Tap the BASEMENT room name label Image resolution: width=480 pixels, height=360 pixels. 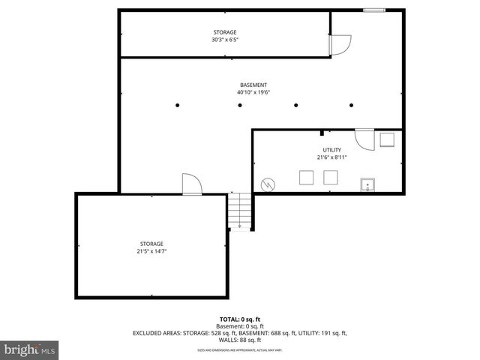click(x=253, y=85)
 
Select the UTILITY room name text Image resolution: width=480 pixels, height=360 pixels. click(x=331, y=150)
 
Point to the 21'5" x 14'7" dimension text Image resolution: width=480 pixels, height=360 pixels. click(x=151, y=251)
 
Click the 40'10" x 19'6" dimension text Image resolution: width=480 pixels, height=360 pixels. click(x=253, y=92)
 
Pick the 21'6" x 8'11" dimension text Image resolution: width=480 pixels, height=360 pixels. click(x=331, y=157)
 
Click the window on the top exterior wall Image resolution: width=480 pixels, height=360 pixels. click(x=374, y=10)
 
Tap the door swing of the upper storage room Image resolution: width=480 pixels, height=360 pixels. click(x=339, y=44)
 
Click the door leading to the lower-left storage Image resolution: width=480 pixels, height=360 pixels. click(x=190, y=184)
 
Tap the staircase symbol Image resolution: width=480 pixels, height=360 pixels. click(x=239, y=211)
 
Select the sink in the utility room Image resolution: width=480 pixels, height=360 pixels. click(x=367, y=184)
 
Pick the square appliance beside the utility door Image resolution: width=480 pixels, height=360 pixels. click(x=387, y=140)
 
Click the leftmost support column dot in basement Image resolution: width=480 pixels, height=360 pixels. click(x=177, y=105)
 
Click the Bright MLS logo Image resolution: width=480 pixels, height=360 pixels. click(x=29, y=349)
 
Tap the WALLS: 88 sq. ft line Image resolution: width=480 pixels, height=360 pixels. click(x=240, y=339)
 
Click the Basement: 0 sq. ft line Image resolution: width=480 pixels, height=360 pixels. click(x=240, y=326)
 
